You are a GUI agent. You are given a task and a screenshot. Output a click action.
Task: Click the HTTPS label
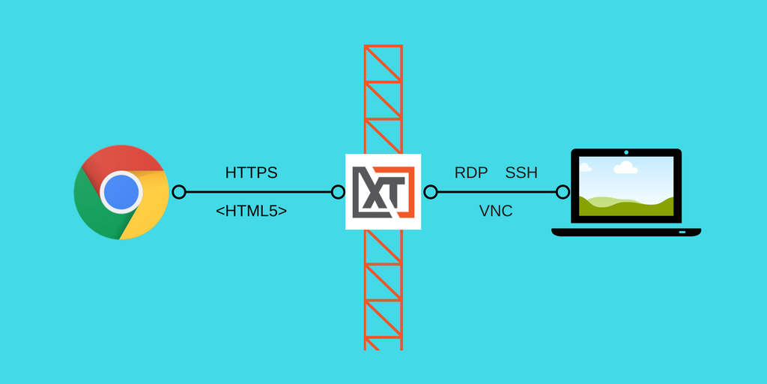click(x=252, y=173)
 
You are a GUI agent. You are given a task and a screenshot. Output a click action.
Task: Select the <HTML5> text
click(x=252, y=211)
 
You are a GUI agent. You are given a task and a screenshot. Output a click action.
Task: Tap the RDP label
click(x=471, y=173)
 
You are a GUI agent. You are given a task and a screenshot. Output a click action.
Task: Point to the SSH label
click(x=521, y=173)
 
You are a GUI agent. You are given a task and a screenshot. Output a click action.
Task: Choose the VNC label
click(x=496, y=211)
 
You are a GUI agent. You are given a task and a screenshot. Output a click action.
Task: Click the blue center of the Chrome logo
click(x=121, y=192)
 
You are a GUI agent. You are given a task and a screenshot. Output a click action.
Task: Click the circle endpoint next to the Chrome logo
click(x=179, y=192)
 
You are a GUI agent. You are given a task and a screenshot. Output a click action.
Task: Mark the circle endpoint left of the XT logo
click(x=338, y=192)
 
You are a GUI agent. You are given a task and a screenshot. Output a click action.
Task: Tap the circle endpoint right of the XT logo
click(x=431, y=192)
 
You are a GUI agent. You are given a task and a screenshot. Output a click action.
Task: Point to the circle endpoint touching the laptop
click(x=563, y=192)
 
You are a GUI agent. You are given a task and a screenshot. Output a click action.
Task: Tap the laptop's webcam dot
click(x=626, y=152)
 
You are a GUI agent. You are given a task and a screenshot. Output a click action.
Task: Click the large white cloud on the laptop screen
click(x=625, y=167)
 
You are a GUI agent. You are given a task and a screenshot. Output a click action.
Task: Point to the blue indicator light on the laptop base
click(x=682, y=231)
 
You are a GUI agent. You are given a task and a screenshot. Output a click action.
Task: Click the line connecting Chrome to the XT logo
click(x=258, y=192)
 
